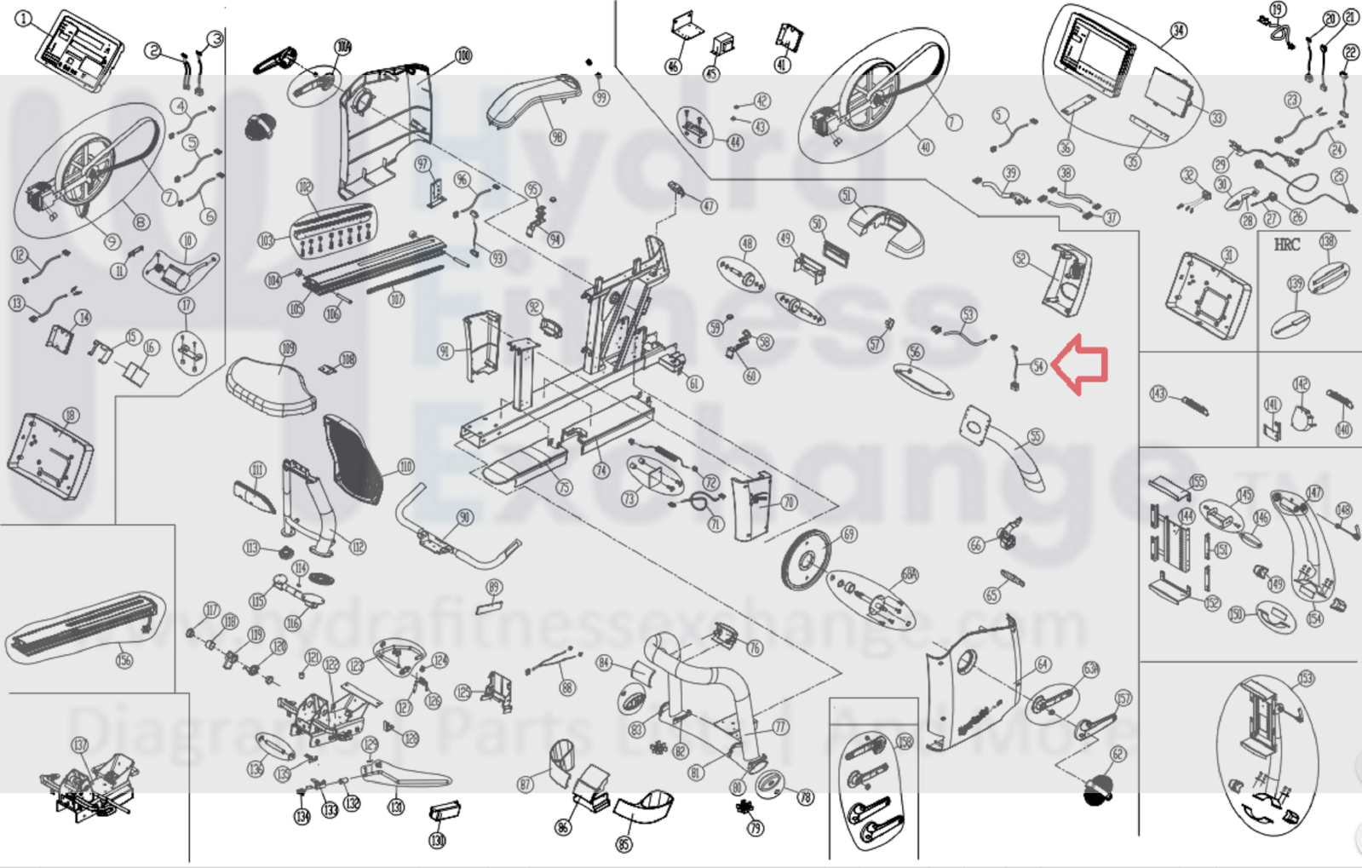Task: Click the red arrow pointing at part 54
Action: point(1080,365)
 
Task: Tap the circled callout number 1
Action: point(24,19)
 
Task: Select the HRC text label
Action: point(1286,244)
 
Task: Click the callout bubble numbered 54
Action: point(1037,366)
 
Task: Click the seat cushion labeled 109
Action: point(271,388)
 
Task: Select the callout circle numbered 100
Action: point(463,55)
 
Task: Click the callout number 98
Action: point(557,137)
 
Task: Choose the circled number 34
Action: point(1178,32)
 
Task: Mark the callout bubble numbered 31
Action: point(1228,254)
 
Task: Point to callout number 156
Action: point(124,659)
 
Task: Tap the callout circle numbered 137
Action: point(80,745)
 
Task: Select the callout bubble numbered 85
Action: point(624,845)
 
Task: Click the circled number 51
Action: point(847,196)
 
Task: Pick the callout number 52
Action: point(1021,258)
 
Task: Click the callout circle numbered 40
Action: point(925,147)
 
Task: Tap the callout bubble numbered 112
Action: point(358,547)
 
